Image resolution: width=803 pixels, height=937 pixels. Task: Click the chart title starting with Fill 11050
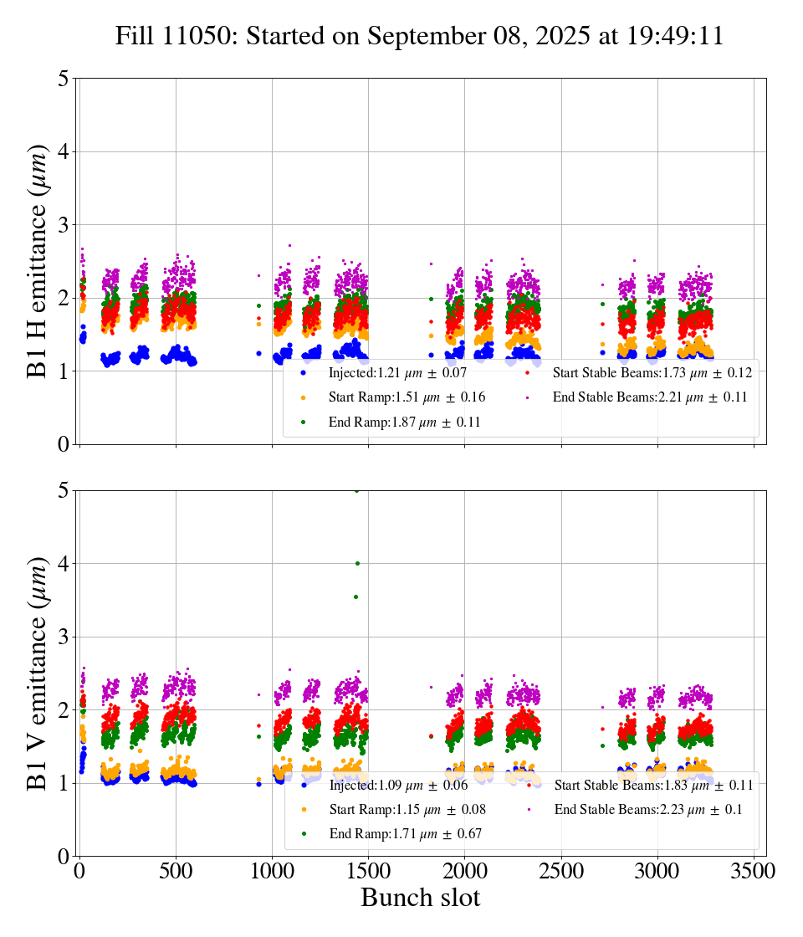pyautogui.click(x=419, y=36)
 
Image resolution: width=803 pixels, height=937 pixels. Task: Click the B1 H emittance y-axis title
pyautogui.click(x=38, y=261)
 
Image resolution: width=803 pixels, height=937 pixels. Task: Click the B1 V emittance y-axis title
pyautogui.click(x=38, y=673)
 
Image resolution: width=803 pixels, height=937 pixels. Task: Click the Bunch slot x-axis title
pyautogui.click(x=420, y=898)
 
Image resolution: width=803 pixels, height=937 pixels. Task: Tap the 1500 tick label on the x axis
pyautogui.click(x=369, y=871)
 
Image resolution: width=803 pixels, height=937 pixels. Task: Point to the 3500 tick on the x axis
pyautogui.click(x=754, y=871)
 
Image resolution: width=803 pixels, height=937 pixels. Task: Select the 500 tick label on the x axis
pyautogui.click(x=176, y=871)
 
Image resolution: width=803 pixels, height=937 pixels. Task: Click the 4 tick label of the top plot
pyautogui.click(x=64, y=152)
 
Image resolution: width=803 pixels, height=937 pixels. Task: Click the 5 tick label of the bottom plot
pyautogui.click(x=64, y=491)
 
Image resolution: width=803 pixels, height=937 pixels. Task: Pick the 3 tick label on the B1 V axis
pyautogui.click(x=64, y=637)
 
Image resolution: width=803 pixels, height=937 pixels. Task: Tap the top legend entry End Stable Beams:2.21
pyautogui.click(x=649, y=397)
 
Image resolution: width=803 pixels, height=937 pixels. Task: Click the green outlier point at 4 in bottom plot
pyautogui.click(x=357, y=564)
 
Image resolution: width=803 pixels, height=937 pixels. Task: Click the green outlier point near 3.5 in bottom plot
pyautogui.click(x=355, y=597)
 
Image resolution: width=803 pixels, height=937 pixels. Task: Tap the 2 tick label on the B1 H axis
pyautogui.click(x=64, y=299)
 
